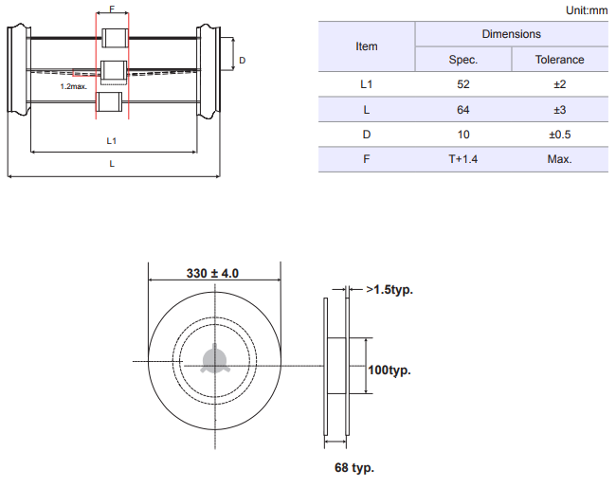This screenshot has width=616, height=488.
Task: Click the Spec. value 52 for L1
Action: pyautogui.click(x=462, y=84)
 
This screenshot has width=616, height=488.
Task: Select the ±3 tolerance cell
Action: pyautogui.click(x=559, y=110)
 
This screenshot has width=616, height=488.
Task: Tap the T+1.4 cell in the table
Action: pyautogui.click(x=462, y=159)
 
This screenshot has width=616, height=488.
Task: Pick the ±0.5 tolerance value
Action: pyautogui.click(x=559, y=135)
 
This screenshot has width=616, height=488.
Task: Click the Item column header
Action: pyautogui.click(x=367, y=46)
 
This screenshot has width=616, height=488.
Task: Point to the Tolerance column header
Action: pyautogui.click(x=559, y=60)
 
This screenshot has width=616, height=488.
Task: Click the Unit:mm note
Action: pyautogui.click(x=587, y=10)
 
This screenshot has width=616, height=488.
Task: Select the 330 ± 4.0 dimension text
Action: pyautogui.click(x=212, y=273)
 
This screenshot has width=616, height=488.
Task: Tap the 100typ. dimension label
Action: pyautogui.click(x=390, y=371)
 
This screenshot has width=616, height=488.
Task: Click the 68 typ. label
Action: pyautogui.click(x=354, y=467)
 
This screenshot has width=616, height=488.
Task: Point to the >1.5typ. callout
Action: pyautogui.click(x=390, y=290)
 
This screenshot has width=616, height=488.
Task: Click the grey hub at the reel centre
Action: pyautogui.click(x=214, y=359)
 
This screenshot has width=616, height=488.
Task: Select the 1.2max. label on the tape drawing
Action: pyautogui.click(x=74, y=86)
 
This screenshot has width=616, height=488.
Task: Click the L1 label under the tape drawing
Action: pyautogui.click(x=112, y=140)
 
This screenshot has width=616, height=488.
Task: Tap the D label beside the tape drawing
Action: pyautogui.click(x=242, y=60)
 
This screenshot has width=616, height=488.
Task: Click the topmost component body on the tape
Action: pyautogui.click(x=115, y=38)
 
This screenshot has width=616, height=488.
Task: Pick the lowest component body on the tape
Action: pyautogui.click(x=109, y=101)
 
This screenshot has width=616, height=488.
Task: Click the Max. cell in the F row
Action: pyautogui.click(x=559, y=159)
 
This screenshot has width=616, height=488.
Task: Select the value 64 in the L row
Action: pyautogui.click(x=462, y=110)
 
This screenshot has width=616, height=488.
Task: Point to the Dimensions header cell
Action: pyautogui.click(x=511, y=34)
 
